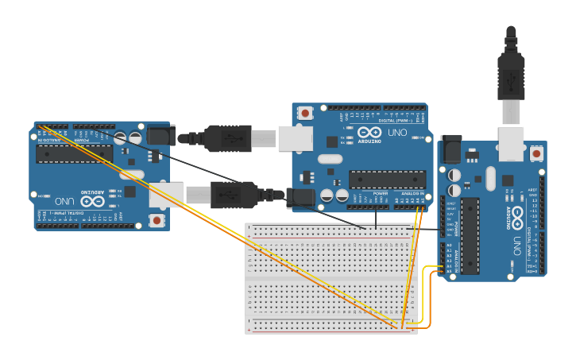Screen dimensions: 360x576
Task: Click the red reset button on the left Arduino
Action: pos(157,219)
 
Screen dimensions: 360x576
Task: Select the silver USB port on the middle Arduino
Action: pos(296,137)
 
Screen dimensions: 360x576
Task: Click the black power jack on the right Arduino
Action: pos(451,149)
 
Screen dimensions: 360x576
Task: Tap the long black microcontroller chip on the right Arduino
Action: pos(470,235)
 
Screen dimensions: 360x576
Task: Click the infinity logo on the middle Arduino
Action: pos(369,133)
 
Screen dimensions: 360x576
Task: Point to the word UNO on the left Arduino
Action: pos(62,201)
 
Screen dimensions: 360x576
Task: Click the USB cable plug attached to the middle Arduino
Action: pos(230,137)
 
